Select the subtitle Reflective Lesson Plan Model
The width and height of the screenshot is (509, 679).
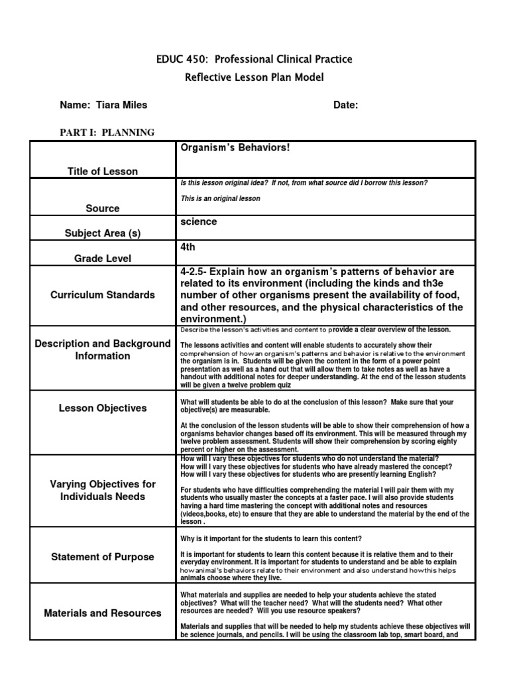(x=254, y=78)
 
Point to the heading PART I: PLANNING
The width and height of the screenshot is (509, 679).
(x=107, y=133)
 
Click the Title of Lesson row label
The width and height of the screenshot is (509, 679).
(x=103, y=171)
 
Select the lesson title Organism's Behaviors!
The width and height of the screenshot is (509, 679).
(x=235, y=147)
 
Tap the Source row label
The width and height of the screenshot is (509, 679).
(x=103, y=208)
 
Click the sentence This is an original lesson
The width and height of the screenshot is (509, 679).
(x=220, y=198)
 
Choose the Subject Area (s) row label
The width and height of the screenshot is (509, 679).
(x=103, y=233)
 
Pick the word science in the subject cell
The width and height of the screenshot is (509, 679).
(x=198, y=222)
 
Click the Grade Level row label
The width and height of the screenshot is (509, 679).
(x=103, y=259)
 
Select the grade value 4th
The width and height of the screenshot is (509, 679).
(x=188, y=247)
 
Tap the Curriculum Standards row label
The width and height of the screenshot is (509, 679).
(x=103, y=294)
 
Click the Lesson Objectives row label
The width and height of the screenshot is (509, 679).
(x=103, y=408)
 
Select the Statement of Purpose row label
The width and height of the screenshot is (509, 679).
(x=103, y=557)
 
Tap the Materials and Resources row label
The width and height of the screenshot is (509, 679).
(x=103, y=613)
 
